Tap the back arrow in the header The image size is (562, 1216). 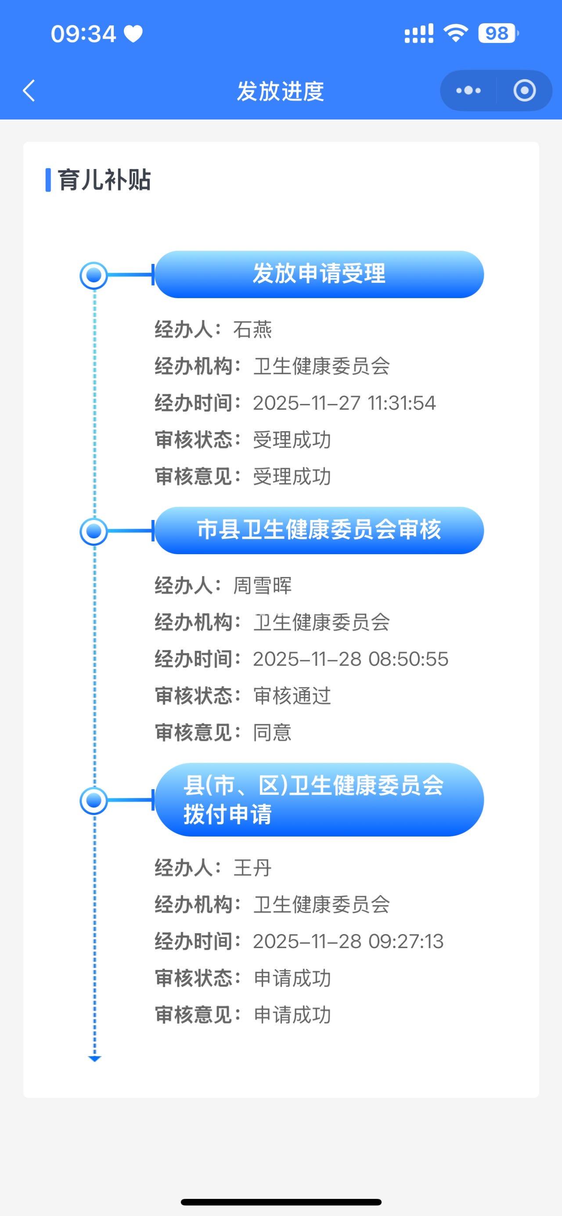coord(29,90)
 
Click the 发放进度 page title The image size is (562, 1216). coord(280,91)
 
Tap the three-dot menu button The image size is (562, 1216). coord(468,90)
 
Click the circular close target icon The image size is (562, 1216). coord(524,90)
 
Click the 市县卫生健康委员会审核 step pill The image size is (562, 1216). coord(319,530)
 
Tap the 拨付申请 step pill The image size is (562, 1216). coord(319,800)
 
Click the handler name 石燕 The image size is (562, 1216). coord(252,329)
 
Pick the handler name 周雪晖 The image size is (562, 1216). coord(263,585)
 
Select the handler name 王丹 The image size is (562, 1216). coord(252,868)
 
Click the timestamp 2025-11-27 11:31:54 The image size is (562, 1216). coord(344,403)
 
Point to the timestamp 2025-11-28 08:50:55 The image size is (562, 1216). coord(350,659)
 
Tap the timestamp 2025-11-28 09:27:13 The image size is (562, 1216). coord(348,941)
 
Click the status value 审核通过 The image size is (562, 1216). coord(292,696)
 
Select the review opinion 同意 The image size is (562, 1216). coord(272,732)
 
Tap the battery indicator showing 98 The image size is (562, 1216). coord(497,33)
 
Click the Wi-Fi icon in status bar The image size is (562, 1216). coord(455,33)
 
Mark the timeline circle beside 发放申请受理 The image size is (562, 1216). coord(94,275)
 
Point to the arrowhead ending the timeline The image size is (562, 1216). coord(94,1059)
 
